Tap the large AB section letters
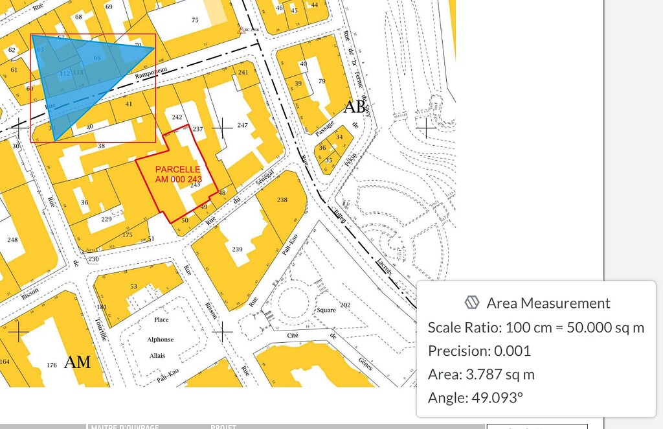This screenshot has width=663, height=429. [x=355, y=107]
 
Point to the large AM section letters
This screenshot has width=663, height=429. [x=77, y=362]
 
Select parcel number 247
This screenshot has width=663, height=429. [x=243, y=125]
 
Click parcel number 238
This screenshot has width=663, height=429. [x=282, y=200]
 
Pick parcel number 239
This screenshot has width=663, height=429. [x=238, y=249]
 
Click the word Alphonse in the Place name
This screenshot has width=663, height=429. [x=161, y=339]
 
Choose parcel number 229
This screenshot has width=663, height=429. [x=107, y=219]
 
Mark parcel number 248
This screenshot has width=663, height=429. [x=12, y=240]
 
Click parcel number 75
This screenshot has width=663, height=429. [x=195, y=20]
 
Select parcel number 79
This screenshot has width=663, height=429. [x=322, y=81]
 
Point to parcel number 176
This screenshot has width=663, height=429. [x=52, y=365]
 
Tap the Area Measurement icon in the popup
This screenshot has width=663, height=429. [x=472, y=303]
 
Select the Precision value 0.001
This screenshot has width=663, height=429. [x=512, y=351]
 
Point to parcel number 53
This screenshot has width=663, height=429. [x=133, y=286]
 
